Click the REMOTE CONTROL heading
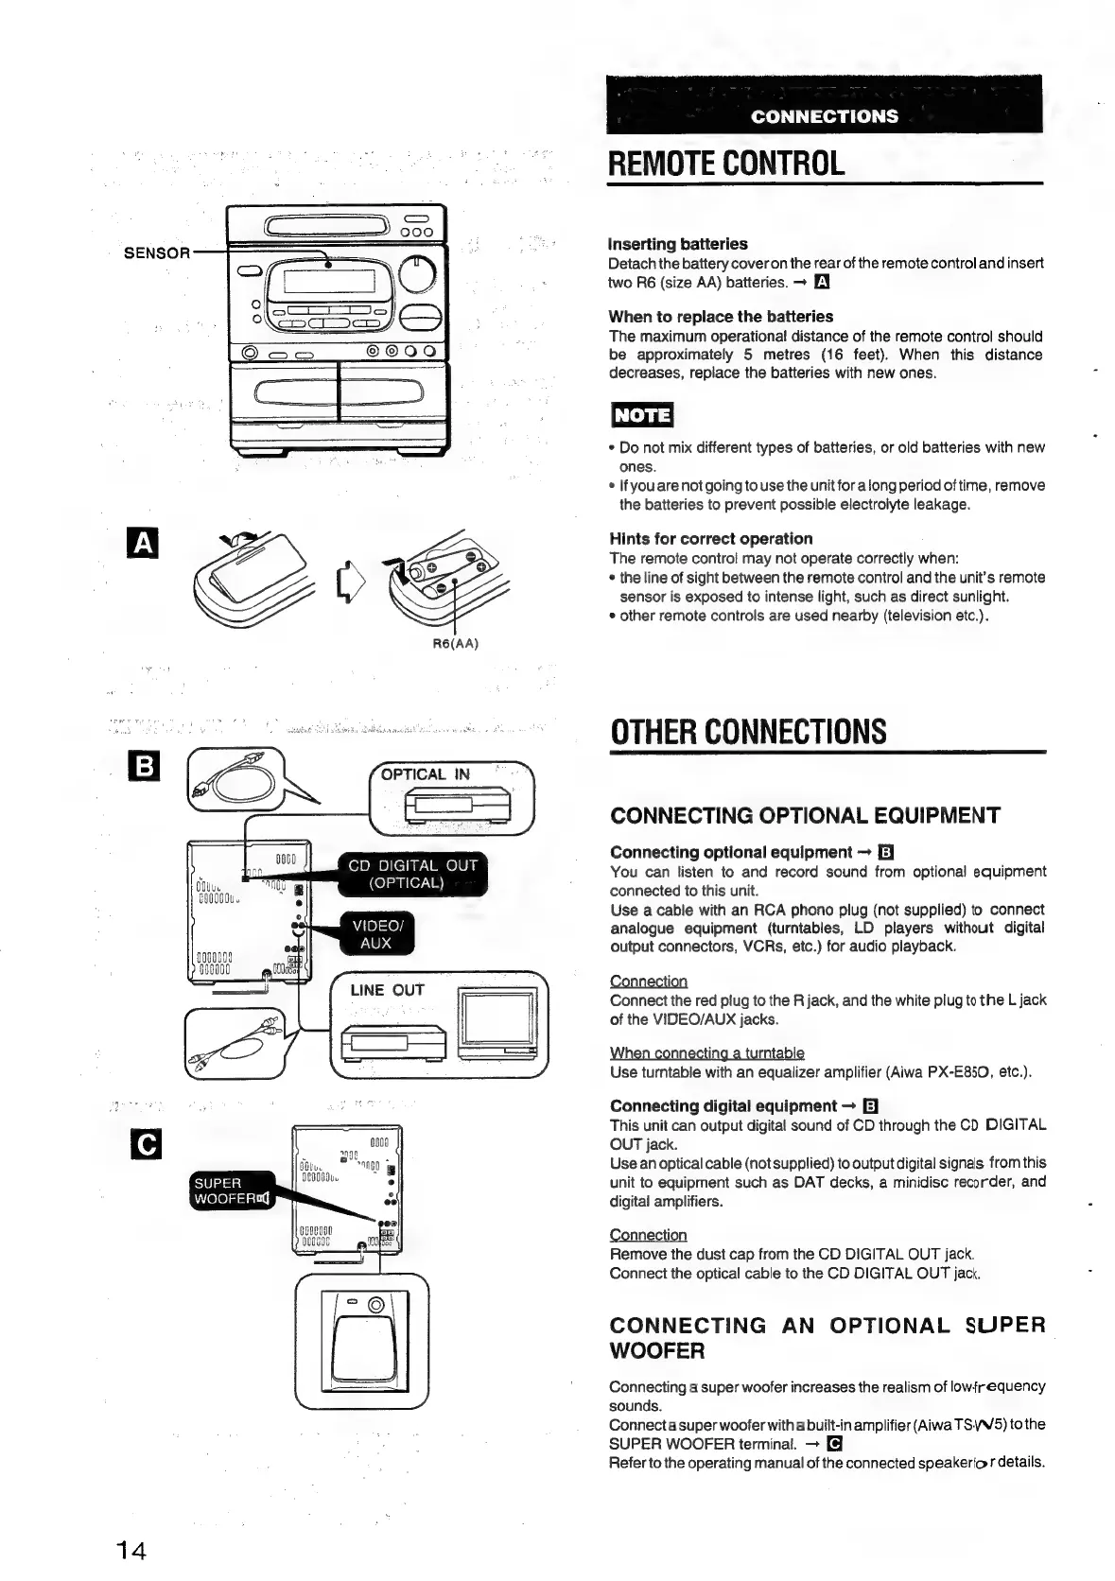[726, 163]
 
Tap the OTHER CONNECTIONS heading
[748, 732]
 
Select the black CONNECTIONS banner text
[824, 116]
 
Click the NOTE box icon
[642, 414]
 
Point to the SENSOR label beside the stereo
[157, 252]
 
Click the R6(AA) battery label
[456, 644]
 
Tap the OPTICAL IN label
[425, 774]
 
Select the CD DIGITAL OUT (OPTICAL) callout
[412, 875]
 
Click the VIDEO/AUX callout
[376, 934]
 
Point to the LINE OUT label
[387, 990]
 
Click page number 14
[131, 1552]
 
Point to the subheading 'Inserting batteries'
[677, 244]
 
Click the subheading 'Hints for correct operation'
[710, 539]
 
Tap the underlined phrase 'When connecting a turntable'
[706, 1053]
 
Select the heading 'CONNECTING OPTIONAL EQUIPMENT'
[805, 816]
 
